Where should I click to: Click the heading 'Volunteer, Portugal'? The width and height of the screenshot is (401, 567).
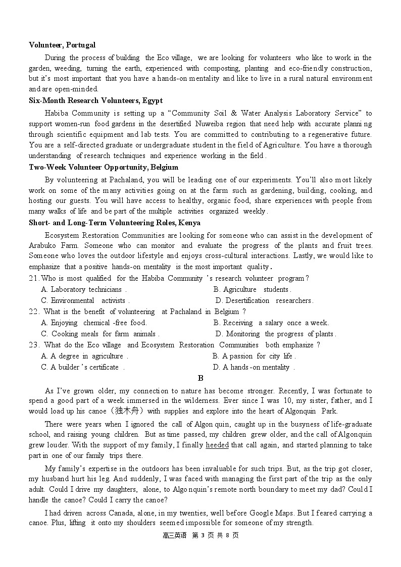(x=62, y=45)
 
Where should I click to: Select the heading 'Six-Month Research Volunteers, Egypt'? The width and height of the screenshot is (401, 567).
(x=95, y=100)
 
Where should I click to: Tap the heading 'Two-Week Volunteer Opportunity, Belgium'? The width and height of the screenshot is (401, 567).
(x=104, y=167)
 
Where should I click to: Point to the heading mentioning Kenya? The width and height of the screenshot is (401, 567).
(x=115, y=223)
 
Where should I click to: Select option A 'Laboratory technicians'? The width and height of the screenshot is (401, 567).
(x=83, y=289)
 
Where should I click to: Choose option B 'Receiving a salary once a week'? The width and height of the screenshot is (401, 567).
(x=271, y=323)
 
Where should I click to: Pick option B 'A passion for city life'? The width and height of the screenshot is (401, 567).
(x=254, y=356)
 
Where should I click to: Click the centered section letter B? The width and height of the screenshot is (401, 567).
(x=201, y=378)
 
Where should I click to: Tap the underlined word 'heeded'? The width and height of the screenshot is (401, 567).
(x=217, y=445)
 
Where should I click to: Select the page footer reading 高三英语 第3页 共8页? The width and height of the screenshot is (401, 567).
(x=201, y=535)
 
